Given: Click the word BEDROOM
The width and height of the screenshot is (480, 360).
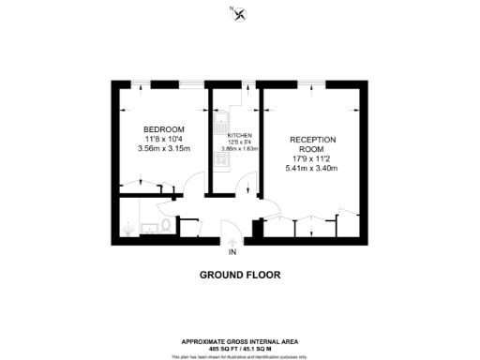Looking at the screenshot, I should (x=163, y=128).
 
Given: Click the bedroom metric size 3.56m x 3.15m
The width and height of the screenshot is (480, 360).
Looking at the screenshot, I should (x=163, y=148).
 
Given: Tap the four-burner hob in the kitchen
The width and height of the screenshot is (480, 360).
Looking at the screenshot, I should (x=221, y=159).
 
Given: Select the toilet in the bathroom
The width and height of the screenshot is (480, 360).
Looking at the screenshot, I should (x=165, y=226).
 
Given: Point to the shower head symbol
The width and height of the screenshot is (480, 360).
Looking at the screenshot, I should (x=128, y=227).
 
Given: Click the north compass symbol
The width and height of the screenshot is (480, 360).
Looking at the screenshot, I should (x=240, y=13).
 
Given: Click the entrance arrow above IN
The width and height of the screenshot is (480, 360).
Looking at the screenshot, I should (x=232, y=243).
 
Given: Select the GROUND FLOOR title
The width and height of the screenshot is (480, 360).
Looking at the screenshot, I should (x=240, y=276).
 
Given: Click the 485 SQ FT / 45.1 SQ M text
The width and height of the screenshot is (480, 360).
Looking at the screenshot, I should (x=240, y=350).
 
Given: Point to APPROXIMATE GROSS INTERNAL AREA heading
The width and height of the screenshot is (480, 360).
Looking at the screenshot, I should (x=240, y=343).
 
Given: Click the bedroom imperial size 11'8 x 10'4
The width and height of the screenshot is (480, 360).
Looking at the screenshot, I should (x=163, y=139).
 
